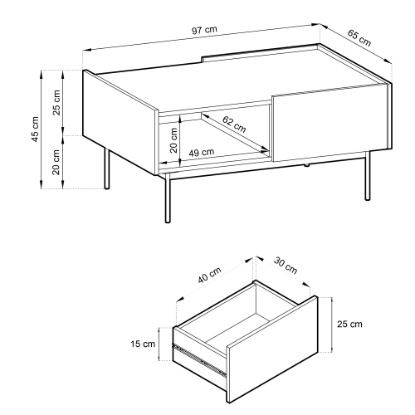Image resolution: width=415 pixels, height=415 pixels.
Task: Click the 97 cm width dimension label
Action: point(204,30)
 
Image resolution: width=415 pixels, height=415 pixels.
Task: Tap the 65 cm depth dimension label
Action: point(359,38)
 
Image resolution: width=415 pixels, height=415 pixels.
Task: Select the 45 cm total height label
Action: point(36,129)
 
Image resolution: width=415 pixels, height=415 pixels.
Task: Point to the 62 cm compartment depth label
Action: point(234,124)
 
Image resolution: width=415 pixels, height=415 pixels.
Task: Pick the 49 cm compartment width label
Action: point(202,152)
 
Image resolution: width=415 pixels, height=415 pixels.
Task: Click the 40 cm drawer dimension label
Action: point(210,275)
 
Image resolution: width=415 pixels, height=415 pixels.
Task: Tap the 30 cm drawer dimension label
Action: point(286,266)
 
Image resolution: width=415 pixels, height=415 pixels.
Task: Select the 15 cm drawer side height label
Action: point(143,344)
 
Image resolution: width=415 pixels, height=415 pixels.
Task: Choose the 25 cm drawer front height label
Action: point(349,324)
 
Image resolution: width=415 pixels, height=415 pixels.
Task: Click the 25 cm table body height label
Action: point(56,103)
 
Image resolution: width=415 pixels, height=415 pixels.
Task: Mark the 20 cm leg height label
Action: point(56,162)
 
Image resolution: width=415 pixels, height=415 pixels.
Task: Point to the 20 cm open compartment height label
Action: point(173,140)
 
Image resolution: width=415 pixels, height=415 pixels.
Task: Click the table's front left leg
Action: point(168,198)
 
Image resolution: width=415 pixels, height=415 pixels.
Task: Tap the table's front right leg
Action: point(368,175)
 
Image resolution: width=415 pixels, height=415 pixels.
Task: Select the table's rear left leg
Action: point(107,168)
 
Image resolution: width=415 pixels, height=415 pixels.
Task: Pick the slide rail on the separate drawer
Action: point(199,359)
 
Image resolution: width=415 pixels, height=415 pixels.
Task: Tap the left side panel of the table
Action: point(120,122)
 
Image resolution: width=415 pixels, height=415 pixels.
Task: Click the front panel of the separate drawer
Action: point(272,349)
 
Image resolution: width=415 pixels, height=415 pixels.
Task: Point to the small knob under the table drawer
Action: point(306,165)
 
